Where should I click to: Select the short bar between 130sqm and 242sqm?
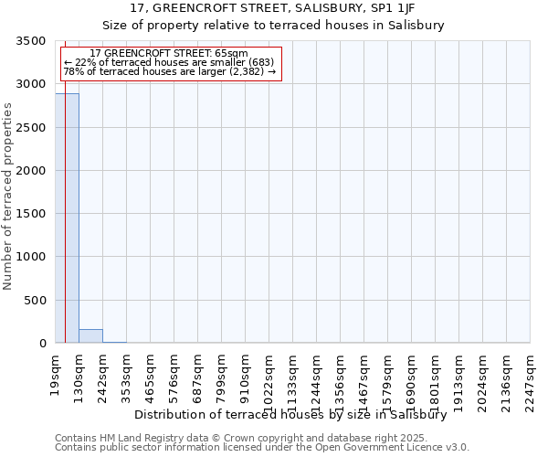coord(90,335)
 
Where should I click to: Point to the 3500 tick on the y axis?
coord(32,41)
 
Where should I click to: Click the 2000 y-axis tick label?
coord(32,171)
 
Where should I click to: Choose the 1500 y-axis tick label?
coord(32,214)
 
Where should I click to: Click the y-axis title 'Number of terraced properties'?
coord(8,196)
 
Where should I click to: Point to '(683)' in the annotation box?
coord(255,62)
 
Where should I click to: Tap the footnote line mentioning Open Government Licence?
coord(262,448)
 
